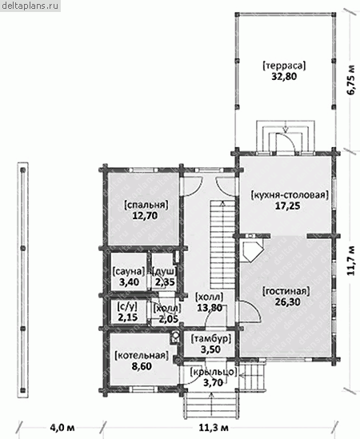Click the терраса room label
pyautogui.click(x=284, y=66)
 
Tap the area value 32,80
pyautogui.click(x=284, y=77)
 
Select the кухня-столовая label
pyautogui.click(x=290, y=194)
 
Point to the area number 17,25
pyautogui.click(x=287, y=206)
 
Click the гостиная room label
pyautogui.click(x=286, y=291)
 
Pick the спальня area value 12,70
pyautogui.click(x=146, y=216)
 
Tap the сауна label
pyautogui.click(x=129, y=271)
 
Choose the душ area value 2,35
pyautogui.click(x=165, y=282)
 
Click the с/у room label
pyautogui.click(x=127, y=306)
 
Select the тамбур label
pyautogui.click(x=210, y=339)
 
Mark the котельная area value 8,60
pyautogui.click(x=142, y=366)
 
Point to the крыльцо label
pyautogui.click(x=214, y=372)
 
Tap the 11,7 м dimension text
pyautogui.click(x=352, y=261)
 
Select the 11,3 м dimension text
pyautogui.click(x=214, y=428)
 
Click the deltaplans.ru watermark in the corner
pyautogui.click(x=30, y=6)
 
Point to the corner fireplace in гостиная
pyautogui.click(x=252, y=250)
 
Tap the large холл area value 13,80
pyautogui.click(x=210, y=308)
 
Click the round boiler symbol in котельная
pyautogui.click(x=175, y=334)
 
